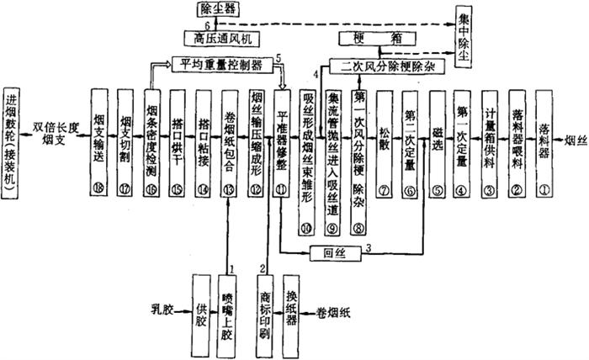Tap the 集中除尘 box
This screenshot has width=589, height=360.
[x=464, y=34]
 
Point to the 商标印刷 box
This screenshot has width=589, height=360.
[x=264, y=308]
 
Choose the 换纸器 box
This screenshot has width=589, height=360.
[x=291, y=308]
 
